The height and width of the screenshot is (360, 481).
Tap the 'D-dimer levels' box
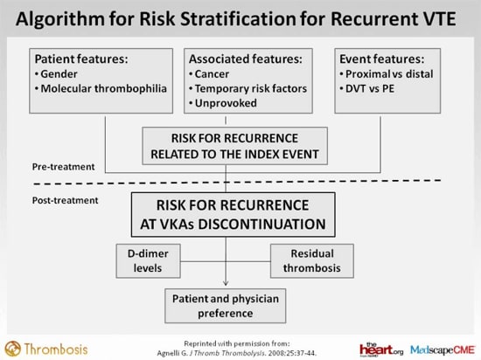click(153, 260)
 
